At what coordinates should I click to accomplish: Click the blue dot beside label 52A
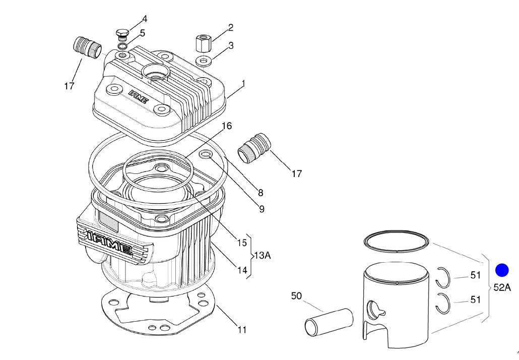point(502,270)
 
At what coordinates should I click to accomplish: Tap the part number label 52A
point(502,288)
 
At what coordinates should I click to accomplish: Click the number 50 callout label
point(296,296)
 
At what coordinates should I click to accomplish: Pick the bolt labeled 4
point(122,35)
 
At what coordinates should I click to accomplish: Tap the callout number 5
point(143,33)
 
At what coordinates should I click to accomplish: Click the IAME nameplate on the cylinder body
point(110,242)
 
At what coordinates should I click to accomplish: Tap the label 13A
point(262,256)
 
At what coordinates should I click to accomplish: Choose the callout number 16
point(227,126)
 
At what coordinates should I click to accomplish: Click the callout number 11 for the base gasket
point(242,330)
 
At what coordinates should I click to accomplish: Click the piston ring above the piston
point(397,241)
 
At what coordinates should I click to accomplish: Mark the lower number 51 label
point(475,300)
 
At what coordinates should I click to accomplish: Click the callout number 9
point(262,209)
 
